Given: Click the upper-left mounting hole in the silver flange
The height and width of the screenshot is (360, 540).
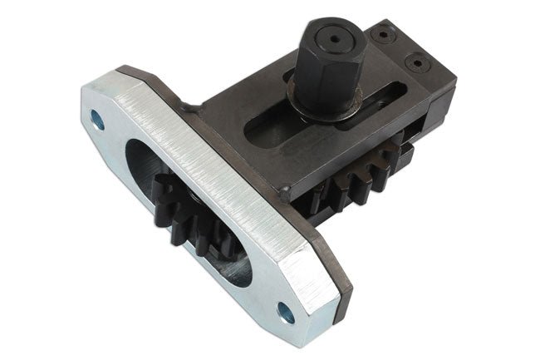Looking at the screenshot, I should point(98,121).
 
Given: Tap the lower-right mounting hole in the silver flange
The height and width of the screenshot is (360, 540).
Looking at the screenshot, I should point(285,313).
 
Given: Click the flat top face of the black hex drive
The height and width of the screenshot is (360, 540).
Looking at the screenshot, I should point(332,35).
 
